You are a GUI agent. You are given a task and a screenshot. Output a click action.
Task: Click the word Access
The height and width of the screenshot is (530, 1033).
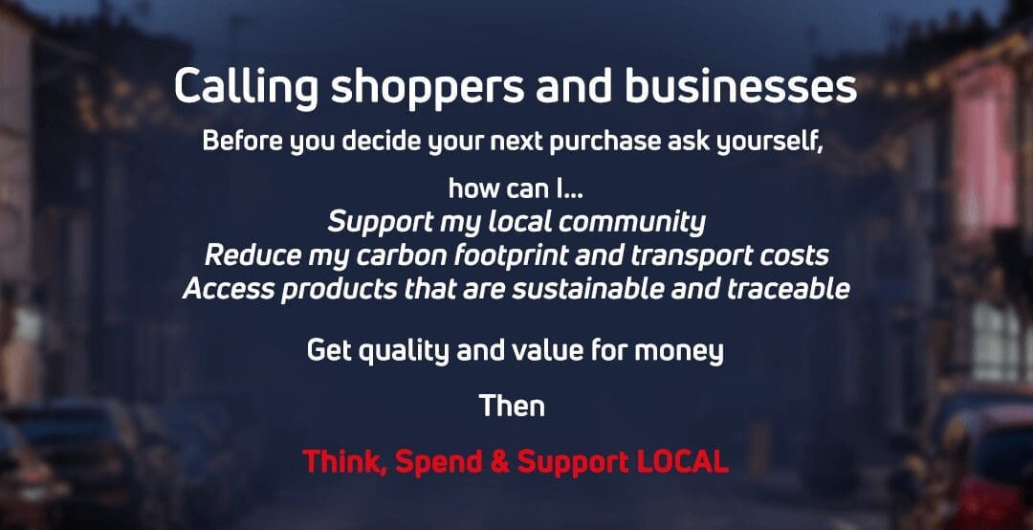[224, 289]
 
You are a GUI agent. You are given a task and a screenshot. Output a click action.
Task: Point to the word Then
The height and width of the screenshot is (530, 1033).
[512, 406]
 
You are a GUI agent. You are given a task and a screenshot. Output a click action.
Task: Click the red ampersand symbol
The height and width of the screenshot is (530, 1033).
[500, 462]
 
